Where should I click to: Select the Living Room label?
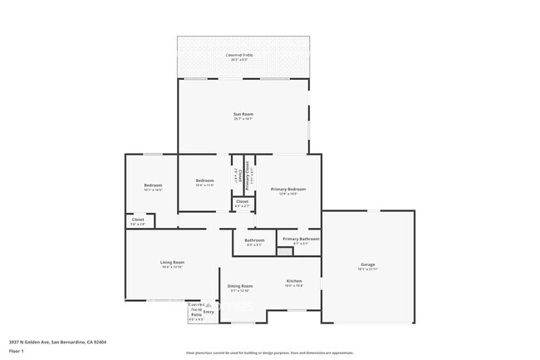coord(171,263)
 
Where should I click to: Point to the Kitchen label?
coord(294,280)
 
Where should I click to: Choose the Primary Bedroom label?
coord(288,189)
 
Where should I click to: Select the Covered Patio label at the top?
coord(242,55)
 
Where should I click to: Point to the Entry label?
coord(209,312)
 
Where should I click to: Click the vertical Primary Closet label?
coord(247,175)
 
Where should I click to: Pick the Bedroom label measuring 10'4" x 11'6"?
coord(205,180)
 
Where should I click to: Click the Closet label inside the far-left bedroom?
coord(138,219)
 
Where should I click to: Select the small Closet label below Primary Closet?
coord(242,201)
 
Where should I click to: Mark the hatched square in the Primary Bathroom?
coord(284,251)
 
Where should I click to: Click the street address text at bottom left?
coord(57,341)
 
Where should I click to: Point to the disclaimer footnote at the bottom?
coord(269,353)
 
